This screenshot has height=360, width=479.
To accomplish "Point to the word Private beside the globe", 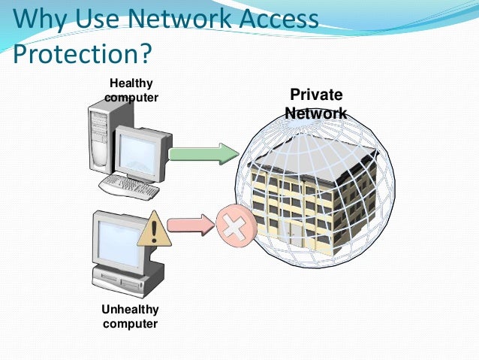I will pyautogui.click(x=316, y=95).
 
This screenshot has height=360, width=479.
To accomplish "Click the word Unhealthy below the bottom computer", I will pyautogui.click(x=130, y=310).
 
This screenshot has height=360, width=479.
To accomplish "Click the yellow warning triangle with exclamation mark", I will pyautogui.click(x=154, y=228).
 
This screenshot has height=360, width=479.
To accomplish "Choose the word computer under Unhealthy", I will pyautogui.click(x=130, y=324).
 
